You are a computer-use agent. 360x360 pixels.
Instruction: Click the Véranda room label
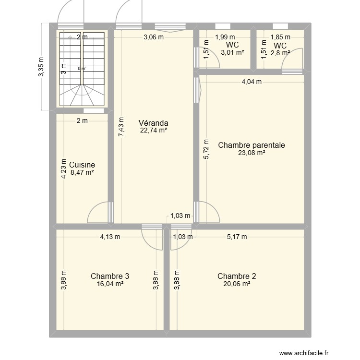tap(153, 122)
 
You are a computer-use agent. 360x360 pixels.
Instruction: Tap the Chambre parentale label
tap(252, 145)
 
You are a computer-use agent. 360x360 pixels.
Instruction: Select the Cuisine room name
tap(82, 165)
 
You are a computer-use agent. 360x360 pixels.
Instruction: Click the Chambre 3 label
tap(109, 276)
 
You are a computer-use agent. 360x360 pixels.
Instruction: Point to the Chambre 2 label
tap(237, 276)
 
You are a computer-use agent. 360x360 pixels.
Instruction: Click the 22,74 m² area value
tap(153, 130)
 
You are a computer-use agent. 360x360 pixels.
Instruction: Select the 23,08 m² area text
tap(252, 153)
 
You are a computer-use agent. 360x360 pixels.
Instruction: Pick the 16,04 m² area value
tap(109, 284)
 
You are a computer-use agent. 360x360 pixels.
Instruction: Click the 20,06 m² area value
tap(237, 284)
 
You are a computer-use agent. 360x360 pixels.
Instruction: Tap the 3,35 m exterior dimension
tap(41, 67)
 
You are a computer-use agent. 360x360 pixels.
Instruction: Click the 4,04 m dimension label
tap(252, 82)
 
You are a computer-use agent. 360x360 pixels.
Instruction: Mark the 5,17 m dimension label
tap(237, 236)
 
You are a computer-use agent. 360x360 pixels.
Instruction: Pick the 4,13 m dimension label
tap(110, 236)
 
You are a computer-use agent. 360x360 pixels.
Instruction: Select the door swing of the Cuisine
tap(99, 213)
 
